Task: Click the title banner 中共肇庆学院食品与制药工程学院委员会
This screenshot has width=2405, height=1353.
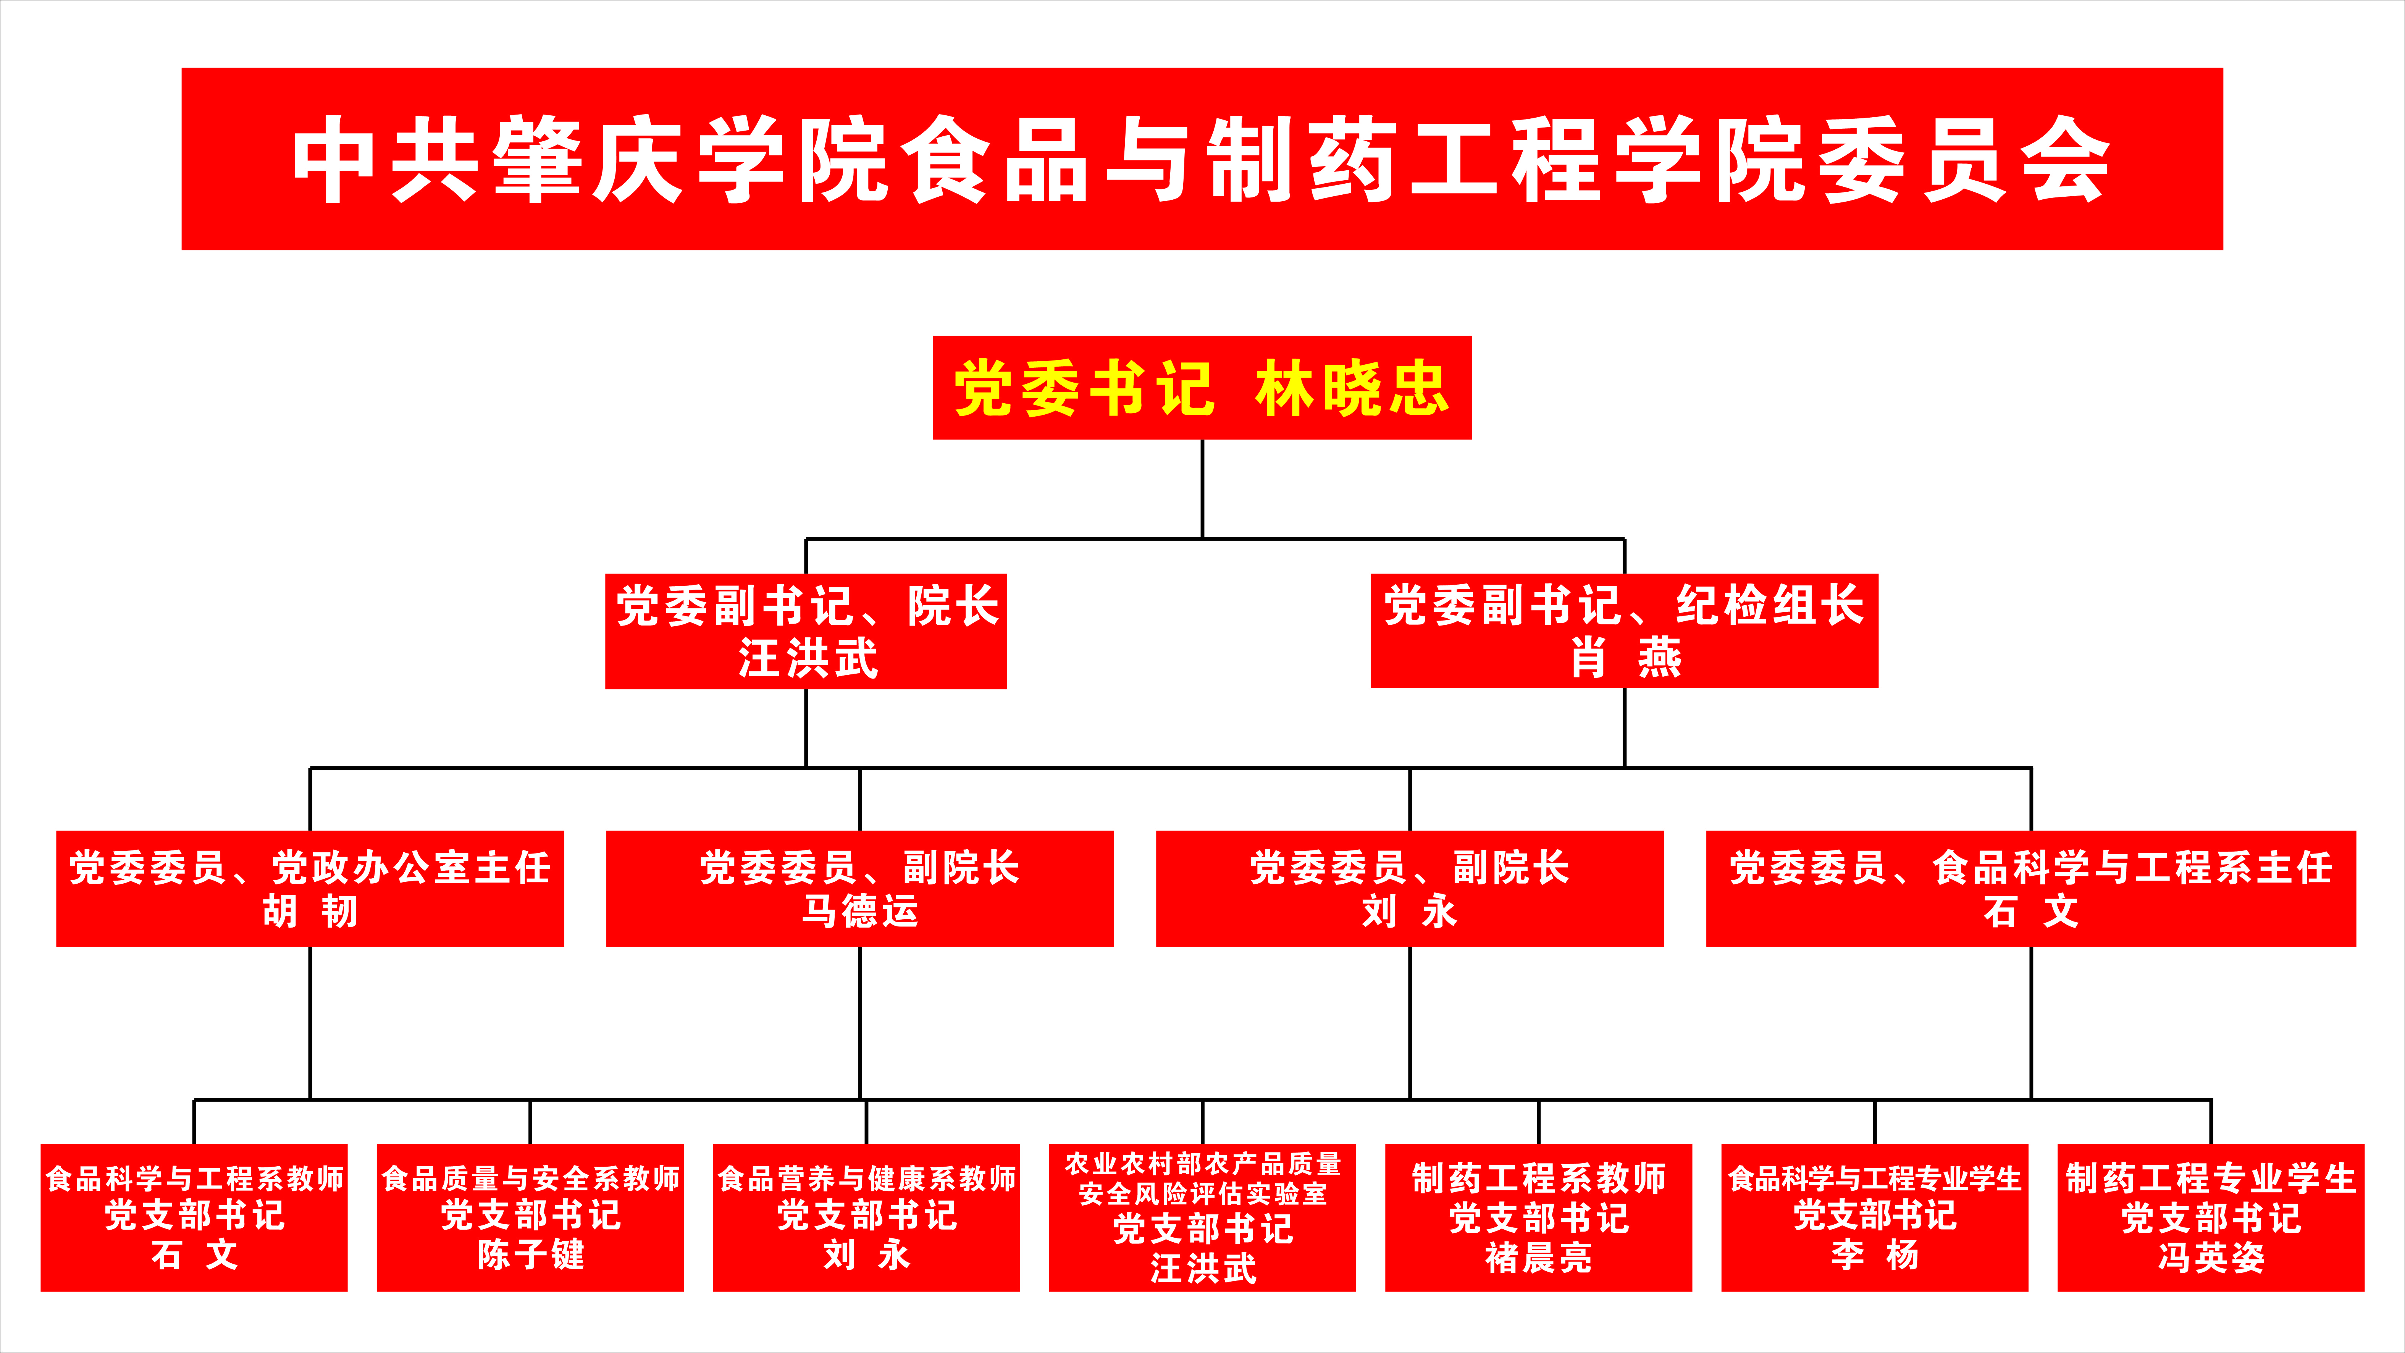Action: point(1202,159)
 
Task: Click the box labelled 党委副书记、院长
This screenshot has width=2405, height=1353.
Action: point(806,631)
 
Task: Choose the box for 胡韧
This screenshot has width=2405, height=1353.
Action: point(310,888)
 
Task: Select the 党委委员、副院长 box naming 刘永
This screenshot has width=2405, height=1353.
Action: point(1410,888)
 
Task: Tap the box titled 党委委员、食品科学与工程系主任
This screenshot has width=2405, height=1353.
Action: point(2030,888)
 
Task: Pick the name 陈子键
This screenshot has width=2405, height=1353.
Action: point(530,1255)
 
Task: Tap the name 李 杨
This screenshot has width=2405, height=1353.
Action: point(1875,1255)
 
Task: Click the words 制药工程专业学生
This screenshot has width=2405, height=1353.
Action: point(2211,1178)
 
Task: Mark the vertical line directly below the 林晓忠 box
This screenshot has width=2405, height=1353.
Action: point(1203,488)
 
